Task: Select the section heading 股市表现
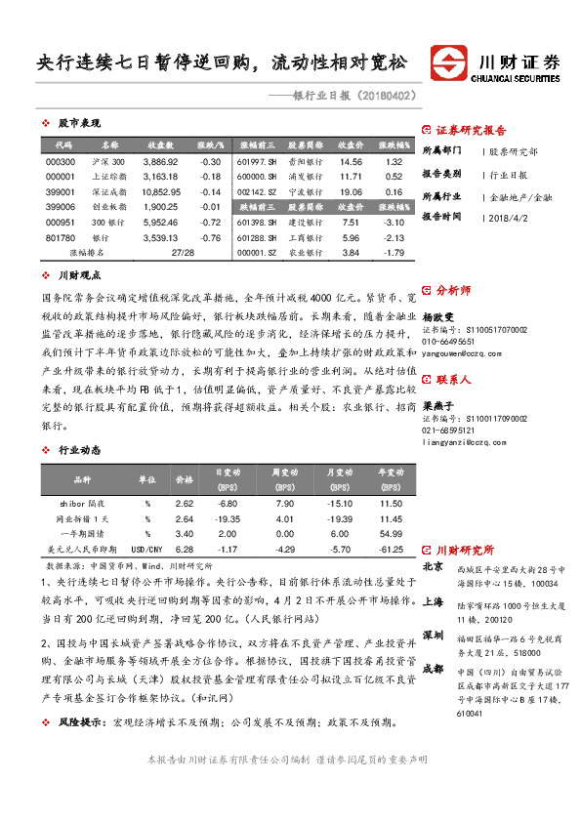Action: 79,124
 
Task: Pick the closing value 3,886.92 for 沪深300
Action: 160,161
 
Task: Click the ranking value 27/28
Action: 182,252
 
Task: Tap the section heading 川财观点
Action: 79,276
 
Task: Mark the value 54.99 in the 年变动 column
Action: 391,535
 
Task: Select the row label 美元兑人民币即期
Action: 88,551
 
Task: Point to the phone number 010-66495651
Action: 447,343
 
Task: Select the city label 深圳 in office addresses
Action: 433,635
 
